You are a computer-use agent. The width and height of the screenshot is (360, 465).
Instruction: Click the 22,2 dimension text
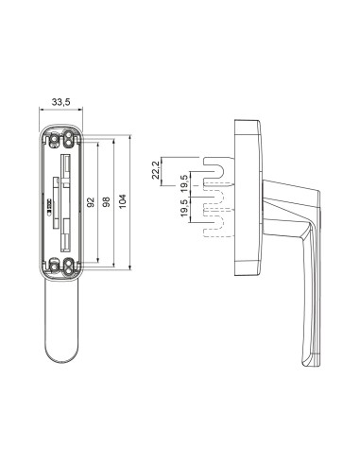click(156, 170)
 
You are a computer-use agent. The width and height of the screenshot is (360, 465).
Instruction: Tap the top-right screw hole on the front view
click(70, 139)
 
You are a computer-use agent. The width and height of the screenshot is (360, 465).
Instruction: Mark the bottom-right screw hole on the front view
click(70, 266)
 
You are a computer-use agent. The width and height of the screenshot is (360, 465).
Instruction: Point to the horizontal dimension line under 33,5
click(61, 112)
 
